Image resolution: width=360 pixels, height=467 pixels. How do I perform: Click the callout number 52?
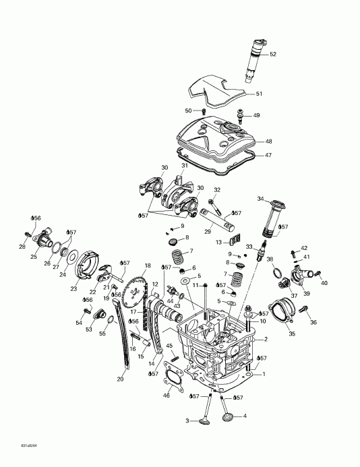click(273, 54)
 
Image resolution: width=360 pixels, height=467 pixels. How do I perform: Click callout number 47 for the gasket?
click(268, 155)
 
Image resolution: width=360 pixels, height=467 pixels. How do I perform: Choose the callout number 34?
click(261, 199)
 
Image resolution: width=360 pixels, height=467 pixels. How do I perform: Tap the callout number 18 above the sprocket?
click(147, 266)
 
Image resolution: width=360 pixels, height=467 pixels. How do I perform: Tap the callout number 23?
click(73, 288)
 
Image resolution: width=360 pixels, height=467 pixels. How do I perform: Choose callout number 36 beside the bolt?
click(313, 323)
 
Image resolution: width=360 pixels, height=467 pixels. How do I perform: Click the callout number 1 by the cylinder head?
click(264, 374)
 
